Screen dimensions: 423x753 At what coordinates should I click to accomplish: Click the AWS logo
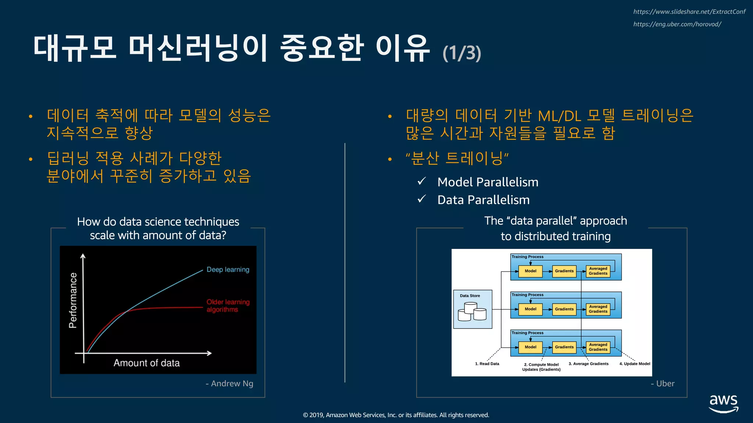[723, 404]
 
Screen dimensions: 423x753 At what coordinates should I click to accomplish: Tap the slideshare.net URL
[689, 12]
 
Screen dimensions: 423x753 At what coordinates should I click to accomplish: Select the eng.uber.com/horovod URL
[677, 24]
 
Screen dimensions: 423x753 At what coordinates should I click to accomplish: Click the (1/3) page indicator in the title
[462, 53]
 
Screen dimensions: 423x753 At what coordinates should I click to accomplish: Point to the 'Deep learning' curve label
[228, 270]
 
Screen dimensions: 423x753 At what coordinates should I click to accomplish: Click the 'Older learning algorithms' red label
[228, 305]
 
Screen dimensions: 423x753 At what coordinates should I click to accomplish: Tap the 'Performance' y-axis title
[73, 300]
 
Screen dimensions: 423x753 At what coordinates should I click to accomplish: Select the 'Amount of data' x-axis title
[146, 363]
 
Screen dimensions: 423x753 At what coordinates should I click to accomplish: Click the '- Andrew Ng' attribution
[229, 383]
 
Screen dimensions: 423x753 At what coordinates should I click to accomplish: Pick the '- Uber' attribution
[663, 383]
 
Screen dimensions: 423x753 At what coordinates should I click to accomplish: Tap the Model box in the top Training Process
[530, 271]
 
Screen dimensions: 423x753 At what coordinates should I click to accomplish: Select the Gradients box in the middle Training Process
[564, 309]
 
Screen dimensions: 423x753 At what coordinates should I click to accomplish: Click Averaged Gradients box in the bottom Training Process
[598, 347]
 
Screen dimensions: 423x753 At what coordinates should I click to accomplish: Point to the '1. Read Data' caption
[487, 364]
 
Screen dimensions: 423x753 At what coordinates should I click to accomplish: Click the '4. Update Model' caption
[635, 364]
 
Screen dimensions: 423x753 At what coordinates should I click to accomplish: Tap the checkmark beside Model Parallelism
[422, 181]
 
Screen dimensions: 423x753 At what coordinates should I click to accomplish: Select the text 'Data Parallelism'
[483, 200]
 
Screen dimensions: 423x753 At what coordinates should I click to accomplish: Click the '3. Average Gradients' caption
[588, 364]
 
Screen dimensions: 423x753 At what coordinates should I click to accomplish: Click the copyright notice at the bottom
[396, 415]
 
